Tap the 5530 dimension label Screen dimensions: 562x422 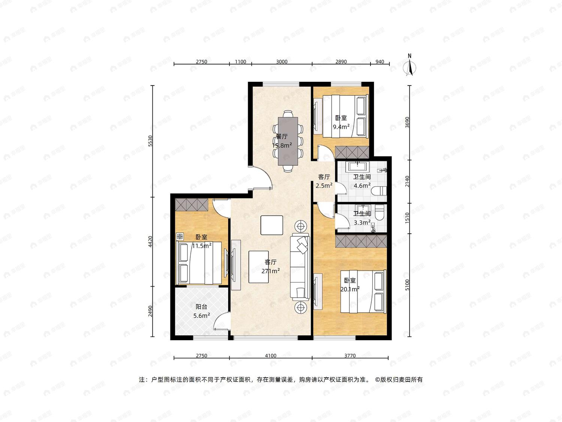click(150, 141)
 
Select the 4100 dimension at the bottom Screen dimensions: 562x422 click(271, 356)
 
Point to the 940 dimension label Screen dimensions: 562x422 click(380, 62)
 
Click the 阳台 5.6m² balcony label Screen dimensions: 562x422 click(202, 311)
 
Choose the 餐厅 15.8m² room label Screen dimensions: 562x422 click(282, 141)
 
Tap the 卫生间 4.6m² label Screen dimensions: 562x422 click(362, 181)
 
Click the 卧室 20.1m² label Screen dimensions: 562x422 click(350, 285)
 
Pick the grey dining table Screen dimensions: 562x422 click(288, 141)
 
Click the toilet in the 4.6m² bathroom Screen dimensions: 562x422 click(379, 191)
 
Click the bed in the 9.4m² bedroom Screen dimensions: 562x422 click(345, 116)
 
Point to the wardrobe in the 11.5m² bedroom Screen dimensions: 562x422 click(191, 204)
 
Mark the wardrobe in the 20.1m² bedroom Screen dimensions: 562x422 click(361, 241)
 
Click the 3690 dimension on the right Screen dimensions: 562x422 click(407, 122)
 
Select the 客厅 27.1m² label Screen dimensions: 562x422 click(271, 266)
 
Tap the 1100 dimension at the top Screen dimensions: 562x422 click(241, 62)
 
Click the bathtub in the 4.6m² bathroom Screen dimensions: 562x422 click(357, 167)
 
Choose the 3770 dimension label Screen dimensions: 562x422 click(350, 356)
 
